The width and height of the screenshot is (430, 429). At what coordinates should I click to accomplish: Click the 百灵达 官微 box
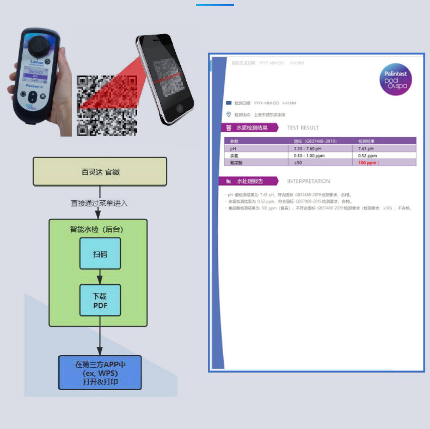pos(100,172)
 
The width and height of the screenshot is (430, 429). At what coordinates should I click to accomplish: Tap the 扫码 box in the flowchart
pos(100,254)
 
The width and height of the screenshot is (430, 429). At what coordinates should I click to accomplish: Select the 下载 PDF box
pos(100,300)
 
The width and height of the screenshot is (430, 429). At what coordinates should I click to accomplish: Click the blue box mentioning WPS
pos(100,373)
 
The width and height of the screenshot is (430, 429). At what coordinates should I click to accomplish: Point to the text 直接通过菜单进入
pos(99,203)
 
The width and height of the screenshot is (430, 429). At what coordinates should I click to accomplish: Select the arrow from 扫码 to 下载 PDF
pos(100,277)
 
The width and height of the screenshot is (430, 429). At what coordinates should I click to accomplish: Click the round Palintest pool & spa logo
pos(396,79)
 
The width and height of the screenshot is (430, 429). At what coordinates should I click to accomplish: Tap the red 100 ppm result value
pos(367,163)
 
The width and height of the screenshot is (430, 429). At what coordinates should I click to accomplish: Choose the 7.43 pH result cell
pos(365,149)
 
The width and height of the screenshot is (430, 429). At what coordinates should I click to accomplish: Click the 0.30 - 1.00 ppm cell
pos(309,156)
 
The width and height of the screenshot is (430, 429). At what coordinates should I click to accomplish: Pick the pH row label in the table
pos(233,149)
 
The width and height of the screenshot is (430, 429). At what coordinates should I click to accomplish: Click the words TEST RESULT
pos(303,128)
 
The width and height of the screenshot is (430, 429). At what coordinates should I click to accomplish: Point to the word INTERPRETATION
pos(308,181)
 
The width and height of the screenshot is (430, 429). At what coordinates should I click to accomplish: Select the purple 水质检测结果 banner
pos(249,128)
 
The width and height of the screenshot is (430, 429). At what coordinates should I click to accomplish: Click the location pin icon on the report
pos(228,114)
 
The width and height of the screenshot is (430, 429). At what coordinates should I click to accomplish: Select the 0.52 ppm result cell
pos(367,156)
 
